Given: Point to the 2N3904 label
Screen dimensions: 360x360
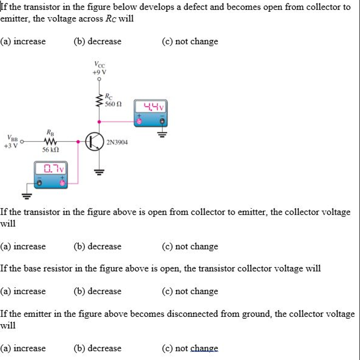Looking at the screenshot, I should [x=117, y=142].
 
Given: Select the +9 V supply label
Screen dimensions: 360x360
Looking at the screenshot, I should [x=99, y=71].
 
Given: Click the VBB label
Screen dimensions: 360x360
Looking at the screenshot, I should [x=10, y=138].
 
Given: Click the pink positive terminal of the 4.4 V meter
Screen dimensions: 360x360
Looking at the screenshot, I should [x=139, y=120].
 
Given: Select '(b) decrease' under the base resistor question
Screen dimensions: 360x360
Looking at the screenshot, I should [x=97, y=291].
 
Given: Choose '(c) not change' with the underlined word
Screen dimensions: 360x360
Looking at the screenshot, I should [x=190, y=348].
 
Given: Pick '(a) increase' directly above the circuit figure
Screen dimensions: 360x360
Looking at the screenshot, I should [x=23, y=41].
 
